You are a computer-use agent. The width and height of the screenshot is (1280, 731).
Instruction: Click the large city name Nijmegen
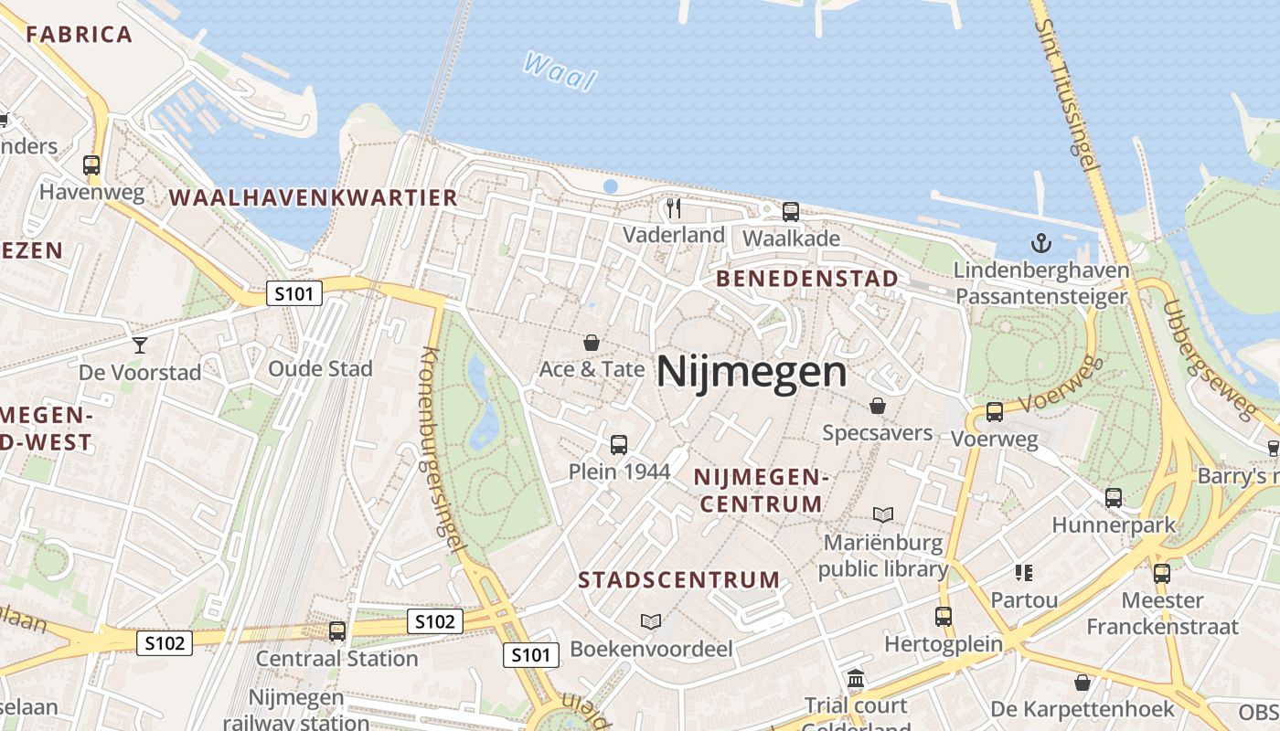tap(752, 372)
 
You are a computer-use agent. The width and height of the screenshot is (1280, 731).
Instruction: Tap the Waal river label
tap(560, 71)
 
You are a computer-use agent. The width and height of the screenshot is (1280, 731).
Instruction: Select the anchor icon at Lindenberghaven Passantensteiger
tap(1040, 243)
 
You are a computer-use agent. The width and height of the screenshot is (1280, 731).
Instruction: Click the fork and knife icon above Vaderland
tap(674, 208)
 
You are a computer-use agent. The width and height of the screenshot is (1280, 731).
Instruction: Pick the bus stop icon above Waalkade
tap(791, 212)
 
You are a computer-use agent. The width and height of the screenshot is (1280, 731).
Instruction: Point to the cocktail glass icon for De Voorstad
tap(139, 344)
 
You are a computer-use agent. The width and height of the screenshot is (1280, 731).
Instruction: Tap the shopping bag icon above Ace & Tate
tap(592, 343)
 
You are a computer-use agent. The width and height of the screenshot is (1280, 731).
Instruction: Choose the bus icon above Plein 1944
tap(619, 445)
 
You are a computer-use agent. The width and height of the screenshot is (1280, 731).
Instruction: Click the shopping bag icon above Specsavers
tap(878, 405)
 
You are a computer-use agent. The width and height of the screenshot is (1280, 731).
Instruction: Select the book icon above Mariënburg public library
tap(882, 514)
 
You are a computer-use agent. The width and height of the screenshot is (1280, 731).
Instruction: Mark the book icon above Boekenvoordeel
tap(651, 621)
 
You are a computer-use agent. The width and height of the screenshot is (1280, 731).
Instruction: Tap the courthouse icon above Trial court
tap(856, 678)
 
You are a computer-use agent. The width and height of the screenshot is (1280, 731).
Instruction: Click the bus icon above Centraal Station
tap(337, 630)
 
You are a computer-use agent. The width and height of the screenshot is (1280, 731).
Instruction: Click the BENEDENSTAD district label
tap(807, 279)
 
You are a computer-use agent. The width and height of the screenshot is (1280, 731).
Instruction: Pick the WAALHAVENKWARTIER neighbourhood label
tap(313, 197)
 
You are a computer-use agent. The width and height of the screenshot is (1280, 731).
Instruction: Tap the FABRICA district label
tap(80, 35)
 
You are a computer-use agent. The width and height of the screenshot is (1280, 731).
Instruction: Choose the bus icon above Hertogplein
tap(944, 617)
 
